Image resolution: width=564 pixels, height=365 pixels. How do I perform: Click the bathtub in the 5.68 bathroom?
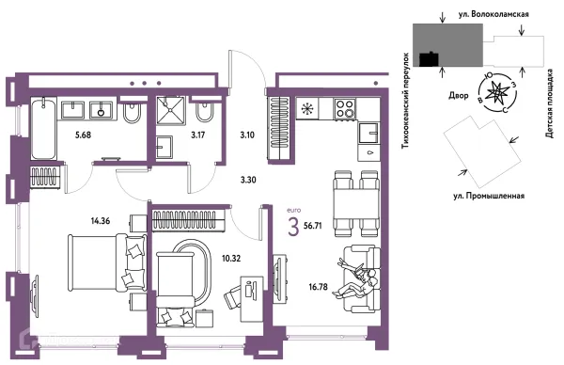click(x=44, y=129)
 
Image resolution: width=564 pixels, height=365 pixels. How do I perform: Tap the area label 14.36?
click(x=101, y=221)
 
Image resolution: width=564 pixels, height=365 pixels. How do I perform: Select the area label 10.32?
click(x=231, y=259)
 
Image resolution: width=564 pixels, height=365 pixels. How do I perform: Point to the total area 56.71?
click(x=313, y=226)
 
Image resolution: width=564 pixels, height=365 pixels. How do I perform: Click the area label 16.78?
click(x=318, y=287)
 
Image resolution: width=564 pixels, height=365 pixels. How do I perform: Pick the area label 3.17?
click(x=197, y=135)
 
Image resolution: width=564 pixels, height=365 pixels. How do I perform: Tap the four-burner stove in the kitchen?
click(x=345, y=109)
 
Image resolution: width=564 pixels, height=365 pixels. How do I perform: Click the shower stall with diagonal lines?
click(x=170, y=110)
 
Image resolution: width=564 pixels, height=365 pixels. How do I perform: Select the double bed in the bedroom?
click(x=107, y=262)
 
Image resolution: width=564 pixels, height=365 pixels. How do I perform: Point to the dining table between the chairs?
click(x=356, y=204)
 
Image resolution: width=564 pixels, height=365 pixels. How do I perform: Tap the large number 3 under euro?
click(x=293, y=227)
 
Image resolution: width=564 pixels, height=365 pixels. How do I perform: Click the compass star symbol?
click(x=496, y=93)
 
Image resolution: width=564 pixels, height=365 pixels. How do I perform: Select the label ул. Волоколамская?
click(x=493, y=14)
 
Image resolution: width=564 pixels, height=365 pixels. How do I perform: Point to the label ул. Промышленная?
click(x=488, y=197)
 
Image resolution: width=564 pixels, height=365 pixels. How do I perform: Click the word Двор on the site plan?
click(x=459, y=96)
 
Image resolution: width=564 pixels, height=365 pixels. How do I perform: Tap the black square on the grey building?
click(x=430, y=59)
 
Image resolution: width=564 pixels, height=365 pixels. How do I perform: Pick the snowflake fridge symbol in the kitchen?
click(x=307, y=109)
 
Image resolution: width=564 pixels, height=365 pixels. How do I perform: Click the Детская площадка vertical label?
click(x=549, y=103)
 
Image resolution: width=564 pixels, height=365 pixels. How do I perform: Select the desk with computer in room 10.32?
click(x=251, y=299)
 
